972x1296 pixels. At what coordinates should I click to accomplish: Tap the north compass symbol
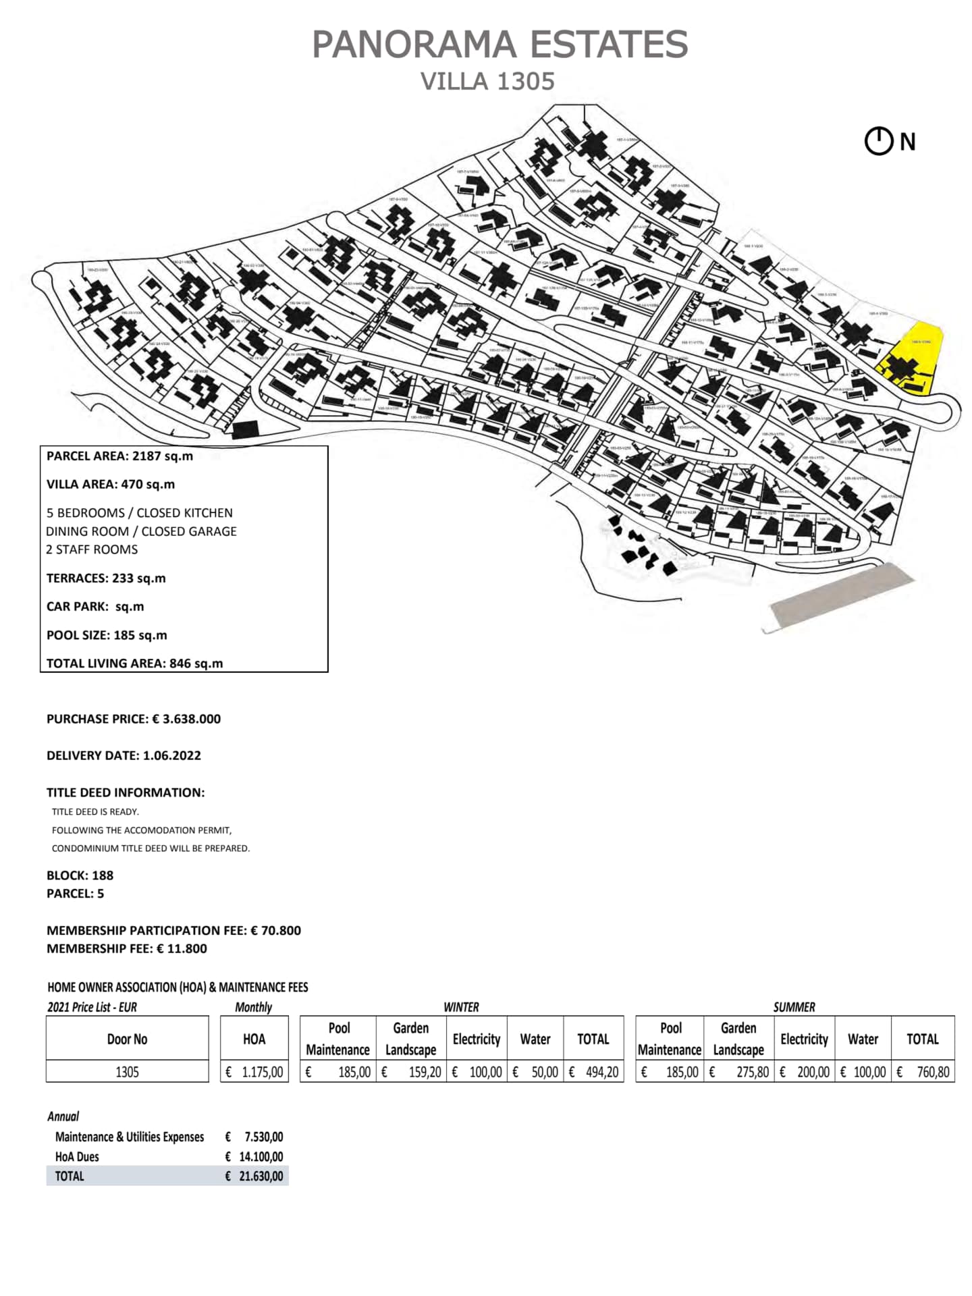[x=879, y=142]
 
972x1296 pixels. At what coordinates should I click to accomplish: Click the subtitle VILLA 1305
[x=487, y=81]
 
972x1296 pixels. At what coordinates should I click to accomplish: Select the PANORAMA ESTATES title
[x=500, y=45]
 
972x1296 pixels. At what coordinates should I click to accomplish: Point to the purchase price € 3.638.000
[x=186, y=719]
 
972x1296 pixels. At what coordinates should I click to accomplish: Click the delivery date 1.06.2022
[x=171, y=755]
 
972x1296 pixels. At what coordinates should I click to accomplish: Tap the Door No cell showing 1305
[x=127, y=1072]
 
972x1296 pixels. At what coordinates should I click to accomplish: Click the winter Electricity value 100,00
[x=485, y=1072]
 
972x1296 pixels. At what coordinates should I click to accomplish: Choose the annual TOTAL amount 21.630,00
[x=261, y=1176]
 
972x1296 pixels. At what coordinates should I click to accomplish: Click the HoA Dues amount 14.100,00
[x=261, y=1156]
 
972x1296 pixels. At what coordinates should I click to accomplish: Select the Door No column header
[x=127, y=1039]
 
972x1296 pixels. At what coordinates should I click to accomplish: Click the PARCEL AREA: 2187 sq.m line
[x=119, y=456]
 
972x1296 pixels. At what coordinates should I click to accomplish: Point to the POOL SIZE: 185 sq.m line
[x=107, y=635]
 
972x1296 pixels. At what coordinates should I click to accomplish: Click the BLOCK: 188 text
[x=80, y=875]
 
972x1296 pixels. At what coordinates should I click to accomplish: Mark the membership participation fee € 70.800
[x=275, y=930]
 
